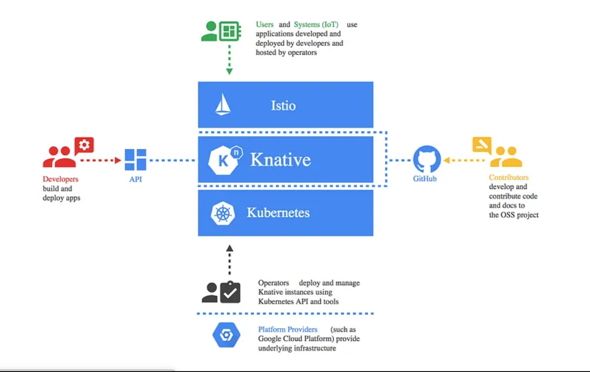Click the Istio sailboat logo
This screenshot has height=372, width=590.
point(223,105)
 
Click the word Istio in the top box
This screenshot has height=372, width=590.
point(283,105)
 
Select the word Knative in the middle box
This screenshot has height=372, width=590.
point(281,160)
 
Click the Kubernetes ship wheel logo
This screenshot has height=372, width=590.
point(223,213)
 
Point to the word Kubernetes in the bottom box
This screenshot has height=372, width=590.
point(278,212)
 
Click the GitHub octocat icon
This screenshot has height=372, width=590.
point(427,159)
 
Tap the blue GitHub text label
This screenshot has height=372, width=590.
point(424,178)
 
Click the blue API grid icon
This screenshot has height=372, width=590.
point(136,160)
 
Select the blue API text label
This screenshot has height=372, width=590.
point(136,179)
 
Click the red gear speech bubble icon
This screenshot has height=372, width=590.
point(84,146)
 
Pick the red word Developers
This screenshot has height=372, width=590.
point(61,179)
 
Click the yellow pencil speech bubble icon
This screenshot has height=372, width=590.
point(482,145)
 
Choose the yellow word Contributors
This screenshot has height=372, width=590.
point(509,177)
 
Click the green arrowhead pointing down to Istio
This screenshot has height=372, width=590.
point(230,71)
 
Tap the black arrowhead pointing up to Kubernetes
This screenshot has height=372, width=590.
point(230,248)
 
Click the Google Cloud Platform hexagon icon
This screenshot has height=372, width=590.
point(226,335)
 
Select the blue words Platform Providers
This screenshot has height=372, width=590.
point(287,329)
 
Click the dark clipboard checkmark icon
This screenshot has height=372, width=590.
point(230,292)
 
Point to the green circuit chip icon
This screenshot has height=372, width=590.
point(230,31)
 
